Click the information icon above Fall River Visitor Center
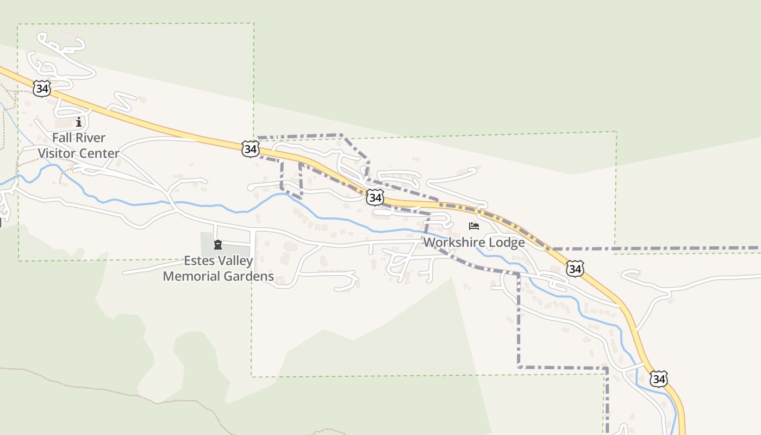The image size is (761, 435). (x=79, y=122)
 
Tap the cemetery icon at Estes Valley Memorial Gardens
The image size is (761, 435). (x=218, y=244)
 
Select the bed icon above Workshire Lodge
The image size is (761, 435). (x=474, y=226)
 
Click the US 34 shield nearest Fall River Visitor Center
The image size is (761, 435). (x=42, y=89)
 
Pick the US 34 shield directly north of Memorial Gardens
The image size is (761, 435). (x=251, y=148)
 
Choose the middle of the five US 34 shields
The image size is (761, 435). (x=375, y=197)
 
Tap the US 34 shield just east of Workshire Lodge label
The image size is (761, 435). (x=575, y=268)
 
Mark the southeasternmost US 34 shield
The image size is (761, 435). (x=659, y=378)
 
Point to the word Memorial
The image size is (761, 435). (x=190, y=276)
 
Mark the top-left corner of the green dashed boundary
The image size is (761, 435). (x=18, y=24)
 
